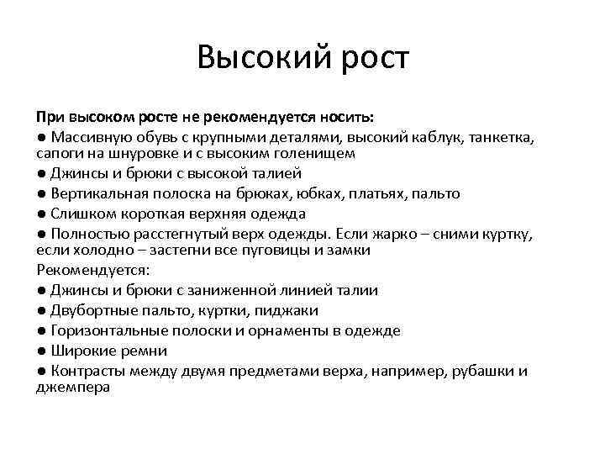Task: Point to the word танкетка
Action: [501, 136]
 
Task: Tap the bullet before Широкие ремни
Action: [42, 351]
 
